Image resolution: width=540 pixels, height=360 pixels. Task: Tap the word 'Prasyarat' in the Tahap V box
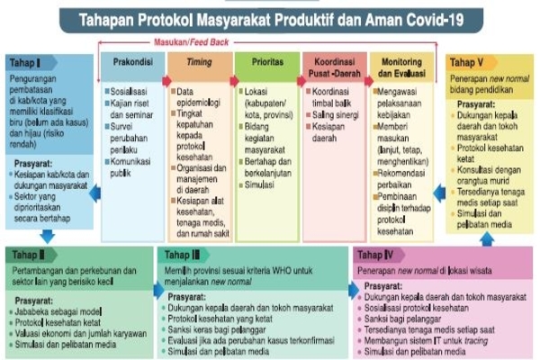[474, 103]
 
